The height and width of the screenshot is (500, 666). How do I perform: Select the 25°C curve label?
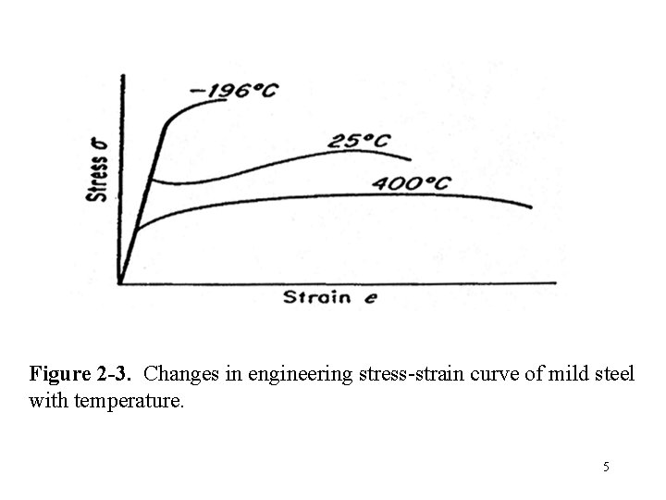point(358,141)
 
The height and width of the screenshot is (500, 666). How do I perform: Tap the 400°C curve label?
point(411,183)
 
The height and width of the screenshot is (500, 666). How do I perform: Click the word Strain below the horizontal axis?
point(316,297)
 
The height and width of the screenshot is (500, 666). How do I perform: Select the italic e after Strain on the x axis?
point(370,299)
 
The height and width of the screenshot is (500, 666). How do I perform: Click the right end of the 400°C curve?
point(532,206)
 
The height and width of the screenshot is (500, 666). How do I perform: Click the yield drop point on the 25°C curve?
point(151,180)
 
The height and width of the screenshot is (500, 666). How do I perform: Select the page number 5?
point(606,467)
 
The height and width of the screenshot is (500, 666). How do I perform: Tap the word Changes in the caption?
point(179,375)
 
